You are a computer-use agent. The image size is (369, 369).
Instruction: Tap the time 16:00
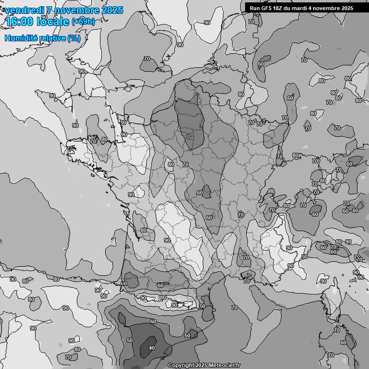pos(20,22)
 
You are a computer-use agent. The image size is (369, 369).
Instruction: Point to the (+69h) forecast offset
pos(83,22)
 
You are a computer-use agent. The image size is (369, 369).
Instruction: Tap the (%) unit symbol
pos(74,38)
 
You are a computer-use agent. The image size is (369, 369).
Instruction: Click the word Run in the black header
pos(255,8)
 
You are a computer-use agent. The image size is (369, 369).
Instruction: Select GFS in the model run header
pos(267,8)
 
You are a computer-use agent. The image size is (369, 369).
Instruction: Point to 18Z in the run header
pos(280,8)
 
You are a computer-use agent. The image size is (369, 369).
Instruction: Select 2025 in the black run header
pos(347,8)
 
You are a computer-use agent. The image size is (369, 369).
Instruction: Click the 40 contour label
pos(152,348)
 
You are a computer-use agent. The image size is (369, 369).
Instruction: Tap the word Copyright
pos(181,365)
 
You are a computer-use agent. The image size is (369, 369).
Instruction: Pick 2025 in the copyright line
pos(201,365)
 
